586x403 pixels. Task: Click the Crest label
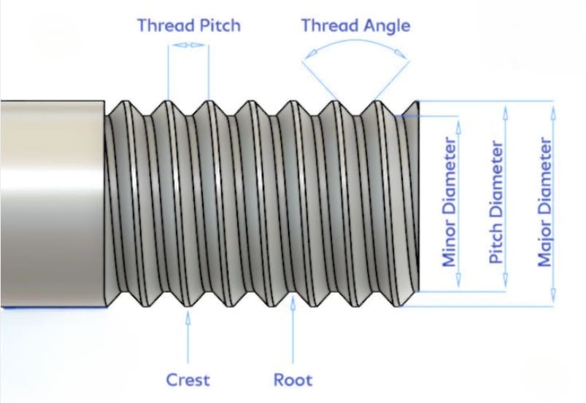tap(188, 380)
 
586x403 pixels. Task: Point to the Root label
tap(293, 380)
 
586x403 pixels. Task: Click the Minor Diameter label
tap(449, 200)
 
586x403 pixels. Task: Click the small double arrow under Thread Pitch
tap(188, 45)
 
